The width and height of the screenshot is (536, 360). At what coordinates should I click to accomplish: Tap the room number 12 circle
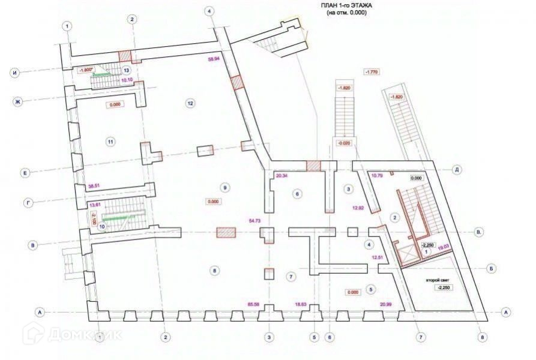[x=190, y=103]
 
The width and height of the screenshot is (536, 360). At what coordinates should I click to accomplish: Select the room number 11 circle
[x=110, y=142]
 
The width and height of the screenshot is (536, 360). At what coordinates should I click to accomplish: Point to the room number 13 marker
[x=127, y=70]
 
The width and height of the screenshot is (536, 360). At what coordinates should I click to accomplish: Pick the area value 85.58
[x=254, y=304]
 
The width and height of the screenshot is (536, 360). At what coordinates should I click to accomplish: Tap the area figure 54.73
[x=254, y=221]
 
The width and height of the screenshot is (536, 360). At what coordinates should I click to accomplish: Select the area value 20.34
[x=282, y=176]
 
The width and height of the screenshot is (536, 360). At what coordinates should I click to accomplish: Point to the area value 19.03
[x=445, y=246]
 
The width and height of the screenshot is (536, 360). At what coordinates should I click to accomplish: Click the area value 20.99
[x=386, y=304]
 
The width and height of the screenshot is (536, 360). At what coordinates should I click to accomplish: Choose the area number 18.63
[x=300, y=304]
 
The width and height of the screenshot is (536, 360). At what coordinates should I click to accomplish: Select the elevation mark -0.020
[x=344, y=143]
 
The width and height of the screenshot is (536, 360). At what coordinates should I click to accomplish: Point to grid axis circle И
[x=15, y=73]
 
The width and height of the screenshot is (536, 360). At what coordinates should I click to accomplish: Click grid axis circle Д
[x=457, y=170]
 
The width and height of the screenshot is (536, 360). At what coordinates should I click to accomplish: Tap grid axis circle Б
[x=491, y=268]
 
